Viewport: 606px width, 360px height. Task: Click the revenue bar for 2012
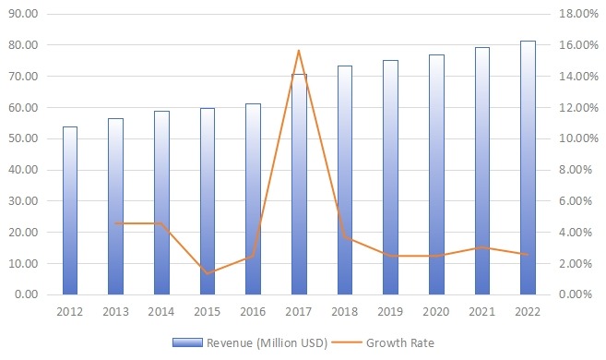coord(69,210)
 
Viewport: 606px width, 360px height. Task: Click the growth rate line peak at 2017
coord(299,51)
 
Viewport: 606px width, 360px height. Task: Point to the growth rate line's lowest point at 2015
coord(208,273)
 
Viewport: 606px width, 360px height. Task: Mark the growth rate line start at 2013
coord(115,223)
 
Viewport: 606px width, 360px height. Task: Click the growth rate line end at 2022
coord(528,255)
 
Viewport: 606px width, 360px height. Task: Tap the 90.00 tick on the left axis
coord(30,14)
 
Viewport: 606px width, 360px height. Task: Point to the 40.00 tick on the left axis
coord(30,170)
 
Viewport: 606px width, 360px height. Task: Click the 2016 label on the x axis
coord(253,312)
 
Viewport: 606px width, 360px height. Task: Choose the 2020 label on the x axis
coord(436,312)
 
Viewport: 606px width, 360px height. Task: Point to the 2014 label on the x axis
coord(161,312)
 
